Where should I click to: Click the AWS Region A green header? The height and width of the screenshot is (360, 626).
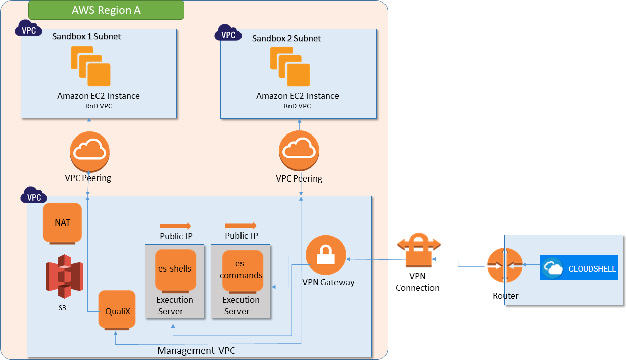coord(106,10)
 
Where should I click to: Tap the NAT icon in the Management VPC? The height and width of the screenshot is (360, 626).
coord(62,223)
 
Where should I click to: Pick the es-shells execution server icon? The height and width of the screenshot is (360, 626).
coord(175,270)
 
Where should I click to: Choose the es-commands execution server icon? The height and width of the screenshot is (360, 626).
coord(243,270)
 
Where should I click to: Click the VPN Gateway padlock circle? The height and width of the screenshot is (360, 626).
coord(326,256)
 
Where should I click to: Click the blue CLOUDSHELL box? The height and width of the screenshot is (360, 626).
coord(579,268)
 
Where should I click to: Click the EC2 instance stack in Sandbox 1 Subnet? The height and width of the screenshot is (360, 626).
coord(91,67)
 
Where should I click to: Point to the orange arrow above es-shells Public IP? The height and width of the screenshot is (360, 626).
coord(175,226)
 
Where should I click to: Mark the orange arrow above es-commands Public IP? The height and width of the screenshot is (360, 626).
coord(240,226)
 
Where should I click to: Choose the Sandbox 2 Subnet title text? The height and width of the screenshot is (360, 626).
coord(286,38)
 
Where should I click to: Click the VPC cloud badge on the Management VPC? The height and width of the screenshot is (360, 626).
coord(34,197)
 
